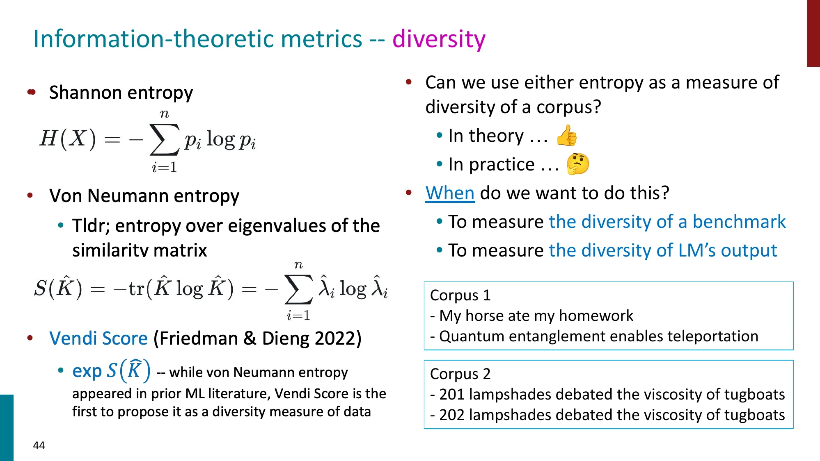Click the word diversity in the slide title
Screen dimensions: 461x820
439,39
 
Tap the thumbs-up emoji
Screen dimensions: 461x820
567,136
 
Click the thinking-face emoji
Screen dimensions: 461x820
578,164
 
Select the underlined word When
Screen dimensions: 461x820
450,193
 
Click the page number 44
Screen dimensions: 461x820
39,445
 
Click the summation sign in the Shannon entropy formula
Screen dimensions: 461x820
164,140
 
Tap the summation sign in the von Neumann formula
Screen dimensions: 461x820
298,289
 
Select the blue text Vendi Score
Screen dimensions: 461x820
98,338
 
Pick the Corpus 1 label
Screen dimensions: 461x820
460,295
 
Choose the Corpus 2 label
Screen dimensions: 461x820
460,374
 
